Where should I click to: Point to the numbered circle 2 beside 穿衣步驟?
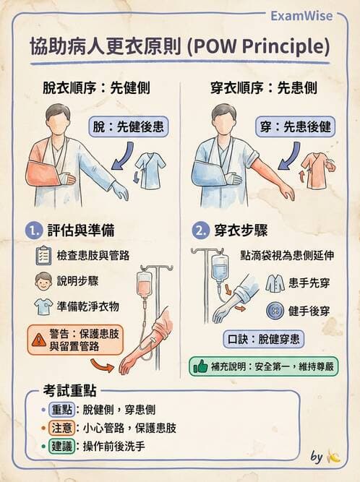(198, 231)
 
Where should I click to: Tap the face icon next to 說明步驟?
(43, 280)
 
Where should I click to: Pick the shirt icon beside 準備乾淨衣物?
(43, 306)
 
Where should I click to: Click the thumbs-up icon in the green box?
(200, 366)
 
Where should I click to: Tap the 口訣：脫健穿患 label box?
(263, 338)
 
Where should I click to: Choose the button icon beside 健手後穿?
(274, 311)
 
